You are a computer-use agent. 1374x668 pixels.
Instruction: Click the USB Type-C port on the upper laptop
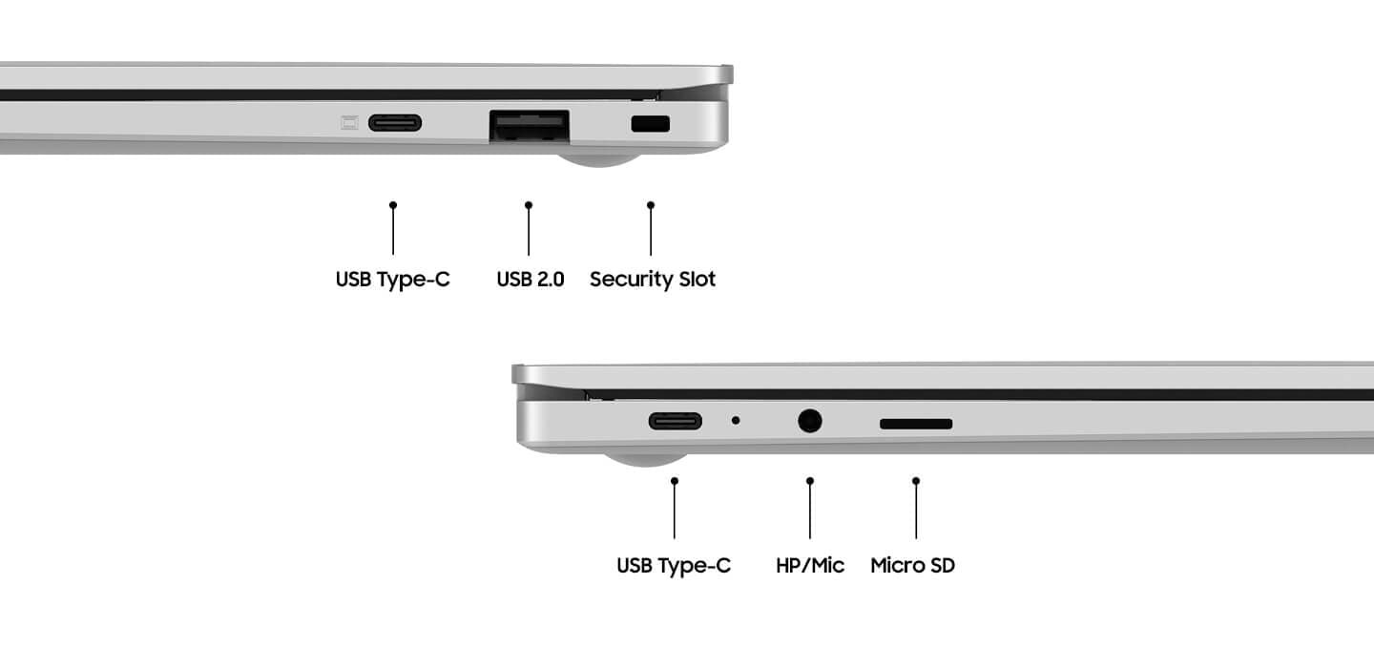(395, 123)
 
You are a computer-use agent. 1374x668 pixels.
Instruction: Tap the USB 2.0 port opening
(530, 126)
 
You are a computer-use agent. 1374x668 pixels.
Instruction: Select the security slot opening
(650, 124)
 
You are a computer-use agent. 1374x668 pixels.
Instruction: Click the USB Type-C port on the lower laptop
(676, 422)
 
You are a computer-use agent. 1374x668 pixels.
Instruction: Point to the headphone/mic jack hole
(810, 422)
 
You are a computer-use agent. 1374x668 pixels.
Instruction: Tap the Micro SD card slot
(916, 424)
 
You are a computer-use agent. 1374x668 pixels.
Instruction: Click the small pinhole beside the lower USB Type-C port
(736, 421)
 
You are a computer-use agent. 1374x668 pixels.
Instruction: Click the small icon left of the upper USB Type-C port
(349, 123)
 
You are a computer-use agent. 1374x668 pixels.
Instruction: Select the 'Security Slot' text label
(653, 279)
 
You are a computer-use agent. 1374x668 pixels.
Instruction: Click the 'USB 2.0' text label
(530, 279)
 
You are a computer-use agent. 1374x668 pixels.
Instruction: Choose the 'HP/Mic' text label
(810, 565)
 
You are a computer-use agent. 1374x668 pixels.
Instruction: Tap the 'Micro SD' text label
(913, 565)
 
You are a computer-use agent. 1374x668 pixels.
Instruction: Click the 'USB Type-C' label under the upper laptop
(392, 279)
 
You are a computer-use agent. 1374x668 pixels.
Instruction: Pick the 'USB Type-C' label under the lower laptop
(674, 565)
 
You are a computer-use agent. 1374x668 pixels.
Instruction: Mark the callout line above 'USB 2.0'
(529, 228)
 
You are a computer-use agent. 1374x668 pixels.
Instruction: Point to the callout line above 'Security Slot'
(651, 228)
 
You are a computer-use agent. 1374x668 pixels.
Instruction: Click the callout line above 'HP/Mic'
(810, 508)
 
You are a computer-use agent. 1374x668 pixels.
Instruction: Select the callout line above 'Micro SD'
(916, 508)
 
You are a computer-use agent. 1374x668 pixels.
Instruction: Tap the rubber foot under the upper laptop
(599, 159)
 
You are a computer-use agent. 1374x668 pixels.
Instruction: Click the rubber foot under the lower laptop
(645, 459)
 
